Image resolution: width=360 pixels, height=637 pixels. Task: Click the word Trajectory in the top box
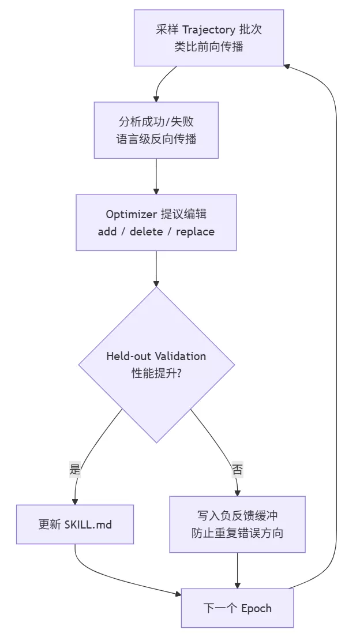pos(208,29)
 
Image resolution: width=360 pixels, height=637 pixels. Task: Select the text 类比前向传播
pos(209,47)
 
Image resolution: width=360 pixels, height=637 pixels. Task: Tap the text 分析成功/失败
pos(156,122)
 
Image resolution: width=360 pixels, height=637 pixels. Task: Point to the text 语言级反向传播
pos(156,139)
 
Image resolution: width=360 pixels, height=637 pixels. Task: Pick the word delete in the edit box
pos(146,231)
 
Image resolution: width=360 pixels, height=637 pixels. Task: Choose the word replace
pos(195,232)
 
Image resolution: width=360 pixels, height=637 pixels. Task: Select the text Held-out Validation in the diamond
pos(156,356)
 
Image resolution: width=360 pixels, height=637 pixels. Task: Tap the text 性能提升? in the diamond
pos(156,373)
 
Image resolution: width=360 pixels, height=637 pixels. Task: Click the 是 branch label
pos(75,470)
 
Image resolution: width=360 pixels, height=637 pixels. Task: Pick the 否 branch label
pos(237,470)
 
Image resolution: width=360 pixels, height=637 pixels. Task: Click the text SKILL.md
pos(88,524)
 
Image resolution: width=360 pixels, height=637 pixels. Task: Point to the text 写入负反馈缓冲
pos(237,515)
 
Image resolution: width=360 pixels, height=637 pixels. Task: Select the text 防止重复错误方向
pos(237,533)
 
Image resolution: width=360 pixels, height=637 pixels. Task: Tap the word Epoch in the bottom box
pos(256,609)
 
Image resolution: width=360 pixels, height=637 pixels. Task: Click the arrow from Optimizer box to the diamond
pos(156,269)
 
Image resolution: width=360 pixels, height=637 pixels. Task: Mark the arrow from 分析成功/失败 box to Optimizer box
pos(156,177)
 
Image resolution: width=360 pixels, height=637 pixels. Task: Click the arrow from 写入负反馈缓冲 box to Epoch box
pos(237,571)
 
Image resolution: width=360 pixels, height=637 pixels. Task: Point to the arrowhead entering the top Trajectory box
pos(287,66)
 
